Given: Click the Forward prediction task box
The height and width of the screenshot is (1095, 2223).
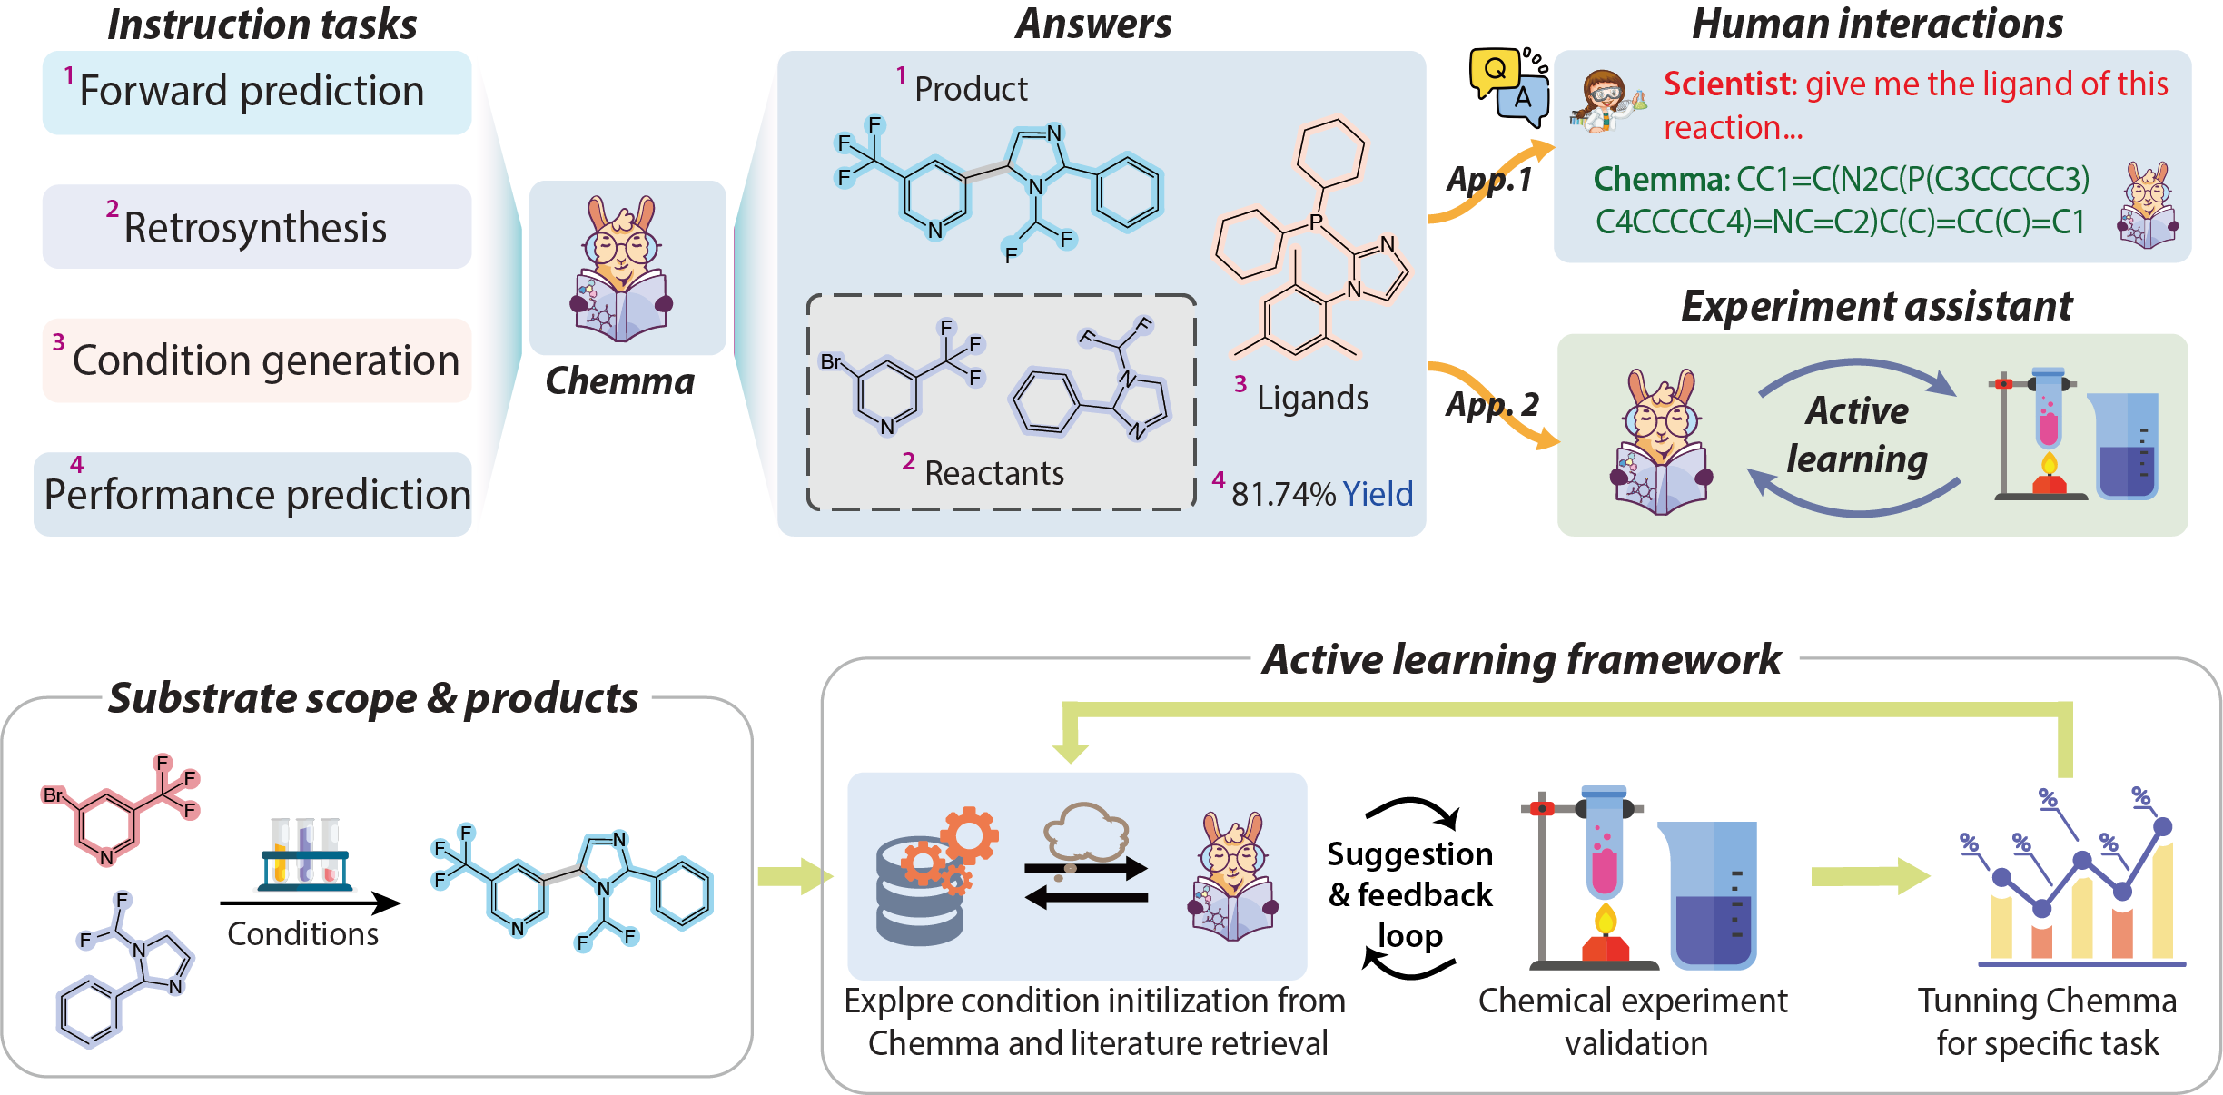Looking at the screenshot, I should [x=256, y=93].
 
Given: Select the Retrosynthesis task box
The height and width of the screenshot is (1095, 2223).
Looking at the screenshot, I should [x=256, y=227].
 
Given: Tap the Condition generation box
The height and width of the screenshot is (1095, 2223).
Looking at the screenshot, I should [x=256, y=360].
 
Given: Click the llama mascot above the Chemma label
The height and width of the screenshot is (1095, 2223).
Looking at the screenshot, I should [x=623, y=269].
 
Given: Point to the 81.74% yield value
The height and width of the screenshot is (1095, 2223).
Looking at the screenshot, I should [x=1283, y=494].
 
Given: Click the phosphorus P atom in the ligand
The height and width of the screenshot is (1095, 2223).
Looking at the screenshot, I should [x=1316, y=222].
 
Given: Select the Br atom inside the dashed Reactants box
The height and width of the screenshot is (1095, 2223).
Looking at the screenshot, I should [x=830, y=361].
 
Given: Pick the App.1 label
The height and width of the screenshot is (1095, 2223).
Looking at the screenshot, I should [x=1489, y=179].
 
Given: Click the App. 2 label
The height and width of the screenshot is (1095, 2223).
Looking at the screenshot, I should [x=1492, y=404].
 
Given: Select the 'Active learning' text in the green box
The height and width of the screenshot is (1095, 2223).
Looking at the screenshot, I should [x=1856, y=435].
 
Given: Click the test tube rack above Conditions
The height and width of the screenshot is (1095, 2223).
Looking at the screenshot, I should [x=305, y=854].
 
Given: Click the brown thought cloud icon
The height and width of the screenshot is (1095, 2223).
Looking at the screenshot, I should [x=1085, y=832].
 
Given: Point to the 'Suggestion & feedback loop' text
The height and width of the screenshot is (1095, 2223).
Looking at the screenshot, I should [x=1410, y=894].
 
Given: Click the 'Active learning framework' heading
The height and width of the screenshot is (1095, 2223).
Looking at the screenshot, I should [x=1522, y=659].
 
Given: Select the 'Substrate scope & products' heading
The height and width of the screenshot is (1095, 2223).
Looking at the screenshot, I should [x=373, y=698].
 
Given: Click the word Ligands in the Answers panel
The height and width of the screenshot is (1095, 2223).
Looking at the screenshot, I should [x=1312, y=399].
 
